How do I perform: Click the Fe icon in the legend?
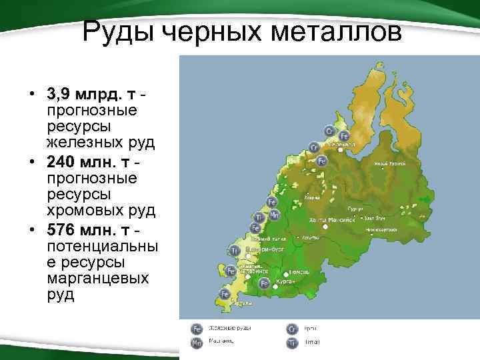coord(197,329)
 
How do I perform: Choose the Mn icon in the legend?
coord(197,342)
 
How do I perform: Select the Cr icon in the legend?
coord(291,329)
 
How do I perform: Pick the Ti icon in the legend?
coord(291,342)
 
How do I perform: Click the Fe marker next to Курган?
coord(264,283)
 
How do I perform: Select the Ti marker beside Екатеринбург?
coord(234,250)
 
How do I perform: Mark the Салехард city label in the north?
coord(343,144)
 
